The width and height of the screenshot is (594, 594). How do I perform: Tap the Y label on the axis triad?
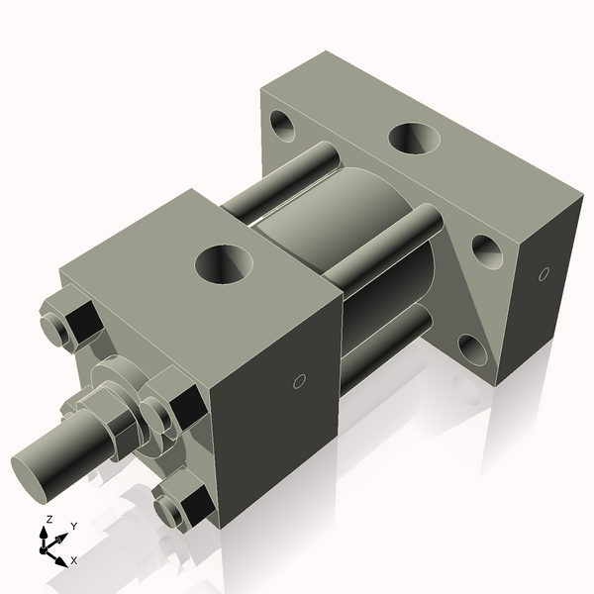coord(73,528)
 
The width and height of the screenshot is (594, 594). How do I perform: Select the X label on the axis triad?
coord(74,560)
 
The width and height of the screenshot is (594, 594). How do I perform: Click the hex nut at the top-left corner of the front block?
coord(69,322)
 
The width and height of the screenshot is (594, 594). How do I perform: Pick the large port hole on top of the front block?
coord(224,265)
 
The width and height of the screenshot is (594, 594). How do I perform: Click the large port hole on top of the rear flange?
coord(414,139)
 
